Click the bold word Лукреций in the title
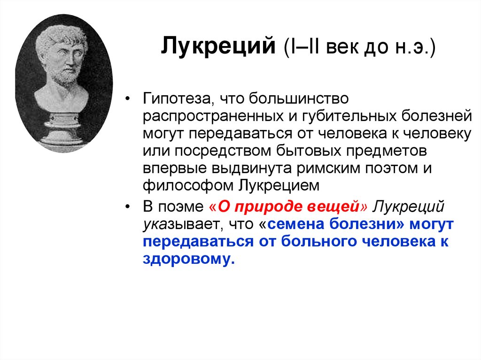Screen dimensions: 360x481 [218, 48]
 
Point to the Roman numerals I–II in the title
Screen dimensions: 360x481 [306, 48]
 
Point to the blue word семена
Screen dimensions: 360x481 [295, 224]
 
